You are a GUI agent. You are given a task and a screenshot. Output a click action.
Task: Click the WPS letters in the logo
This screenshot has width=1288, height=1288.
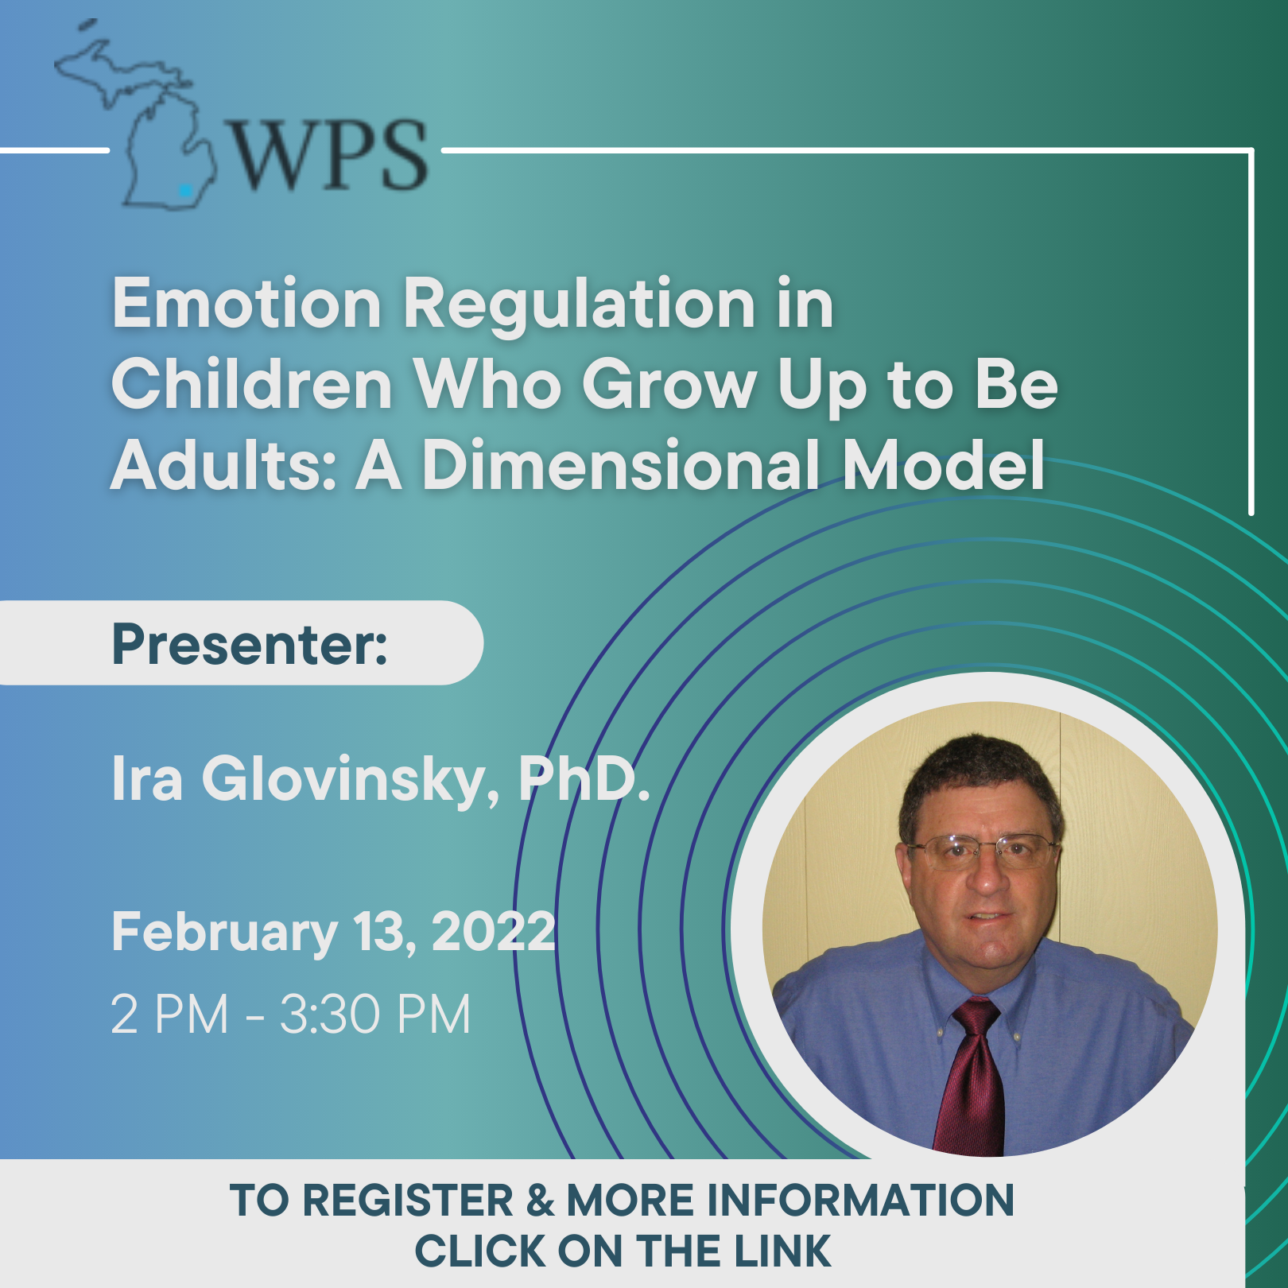(329, 155)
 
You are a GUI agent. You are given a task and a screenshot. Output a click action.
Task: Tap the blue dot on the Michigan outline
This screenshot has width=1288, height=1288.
(185, 190)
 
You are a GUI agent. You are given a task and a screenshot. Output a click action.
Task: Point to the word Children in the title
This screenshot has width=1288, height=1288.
(252, 384)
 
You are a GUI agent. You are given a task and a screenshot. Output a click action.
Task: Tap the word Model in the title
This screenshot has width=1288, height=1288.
(944, 465)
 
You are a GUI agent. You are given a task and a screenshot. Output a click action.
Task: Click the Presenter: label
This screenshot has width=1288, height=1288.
(250, 643)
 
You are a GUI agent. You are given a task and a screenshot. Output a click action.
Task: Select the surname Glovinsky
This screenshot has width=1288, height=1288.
(351, 779)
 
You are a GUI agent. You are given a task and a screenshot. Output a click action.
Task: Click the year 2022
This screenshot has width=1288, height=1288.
(493, 931)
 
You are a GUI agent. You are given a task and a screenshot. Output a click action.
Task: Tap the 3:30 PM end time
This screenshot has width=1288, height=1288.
(376, 1014)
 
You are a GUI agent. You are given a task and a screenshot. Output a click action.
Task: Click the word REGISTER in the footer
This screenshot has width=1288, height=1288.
(408, 1200)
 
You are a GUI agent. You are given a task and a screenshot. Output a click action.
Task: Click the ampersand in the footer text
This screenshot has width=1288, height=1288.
(540, 1200)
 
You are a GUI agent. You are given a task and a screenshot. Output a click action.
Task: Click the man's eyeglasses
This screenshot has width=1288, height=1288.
(983, 852)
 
